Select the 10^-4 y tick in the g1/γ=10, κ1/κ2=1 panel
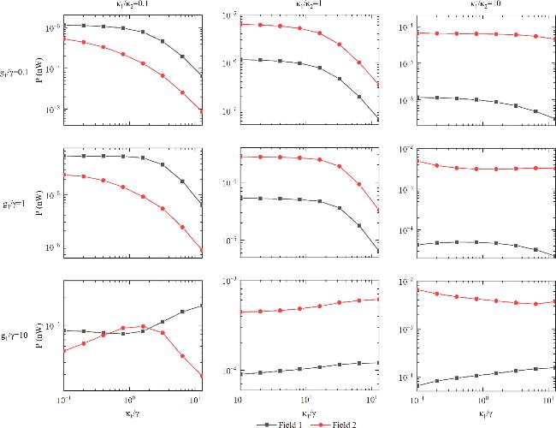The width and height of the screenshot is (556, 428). point(228,370)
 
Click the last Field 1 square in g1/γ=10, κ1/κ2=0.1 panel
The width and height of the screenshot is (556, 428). point(201,306)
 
